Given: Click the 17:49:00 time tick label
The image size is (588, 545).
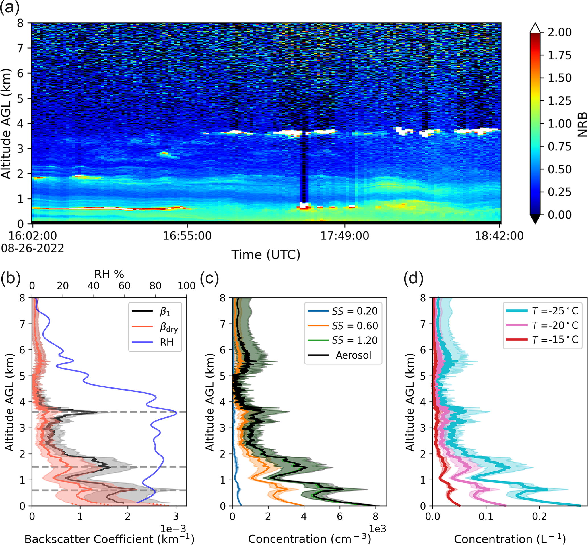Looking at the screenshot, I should (344, 236).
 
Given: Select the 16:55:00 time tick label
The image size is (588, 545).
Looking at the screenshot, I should (187, 236).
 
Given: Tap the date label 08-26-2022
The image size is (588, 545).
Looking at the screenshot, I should (32, 248).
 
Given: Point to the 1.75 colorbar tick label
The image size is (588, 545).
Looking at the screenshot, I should (559, 55).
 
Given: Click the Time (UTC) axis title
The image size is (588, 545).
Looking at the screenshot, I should (265, 254).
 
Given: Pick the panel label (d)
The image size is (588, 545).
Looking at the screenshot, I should (413, 278).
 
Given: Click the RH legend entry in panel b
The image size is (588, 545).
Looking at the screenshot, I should (166, 342).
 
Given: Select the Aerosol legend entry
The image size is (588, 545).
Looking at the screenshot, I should (353, 355).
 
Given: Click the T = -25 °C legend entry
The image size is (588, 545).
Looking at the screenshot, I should (555, 311).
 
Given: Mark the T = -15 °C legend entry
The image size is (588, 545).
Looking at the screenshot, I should (555, 340).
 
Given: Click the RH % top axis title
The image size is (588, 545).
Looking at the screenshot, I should (109, 275).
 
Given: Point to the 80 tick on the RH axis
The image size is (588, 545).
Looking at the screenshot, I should (156, 286).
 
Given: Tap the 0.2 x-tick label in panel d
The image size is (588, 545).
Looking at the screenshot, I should (539, 516).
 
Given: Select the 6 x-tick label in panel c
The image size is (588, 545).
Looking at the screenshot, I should (340, 516).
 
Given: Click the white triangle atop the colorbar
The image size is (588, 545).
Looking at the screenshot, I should (535, 28).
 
